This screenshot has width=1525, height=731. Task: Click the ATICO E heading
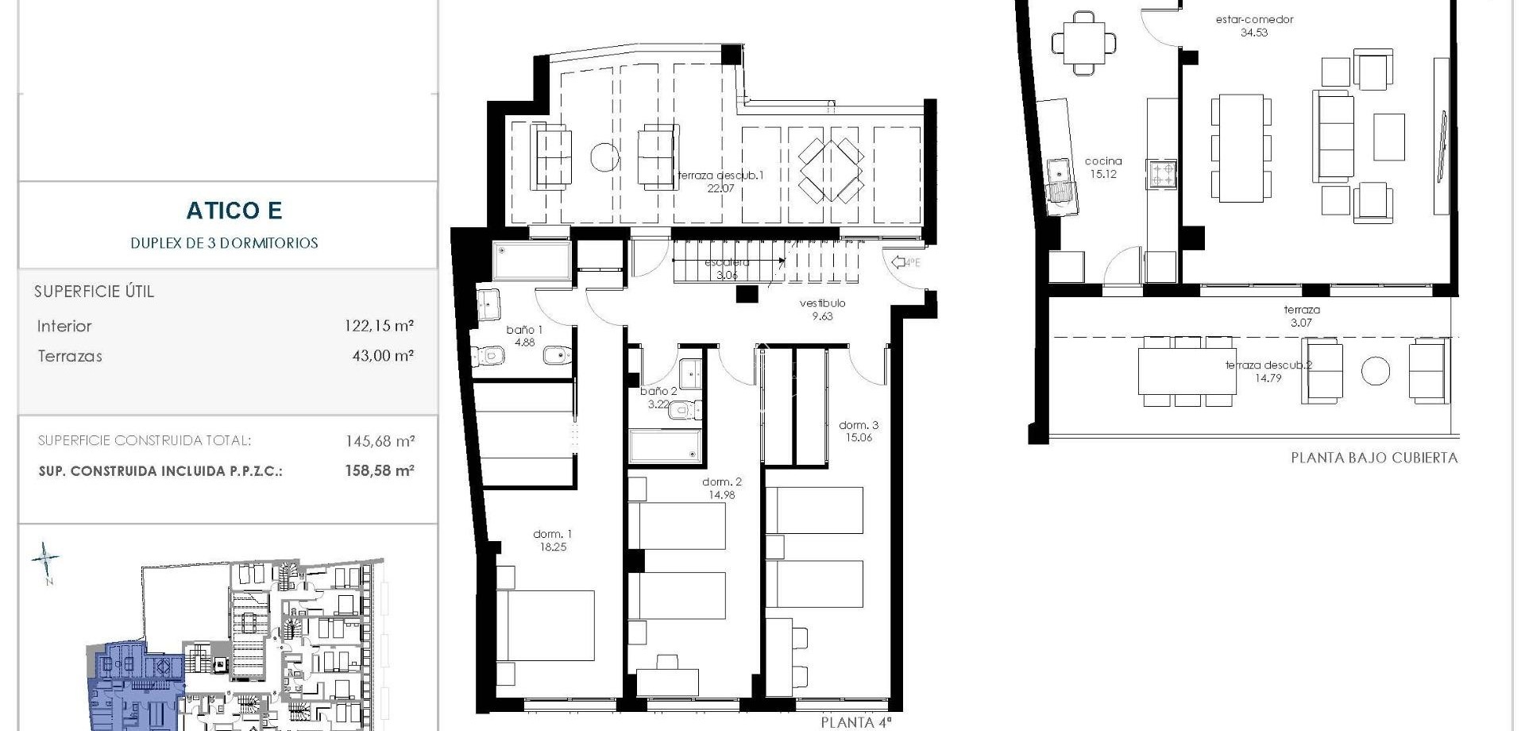pyautogui.click(x=234, y=211)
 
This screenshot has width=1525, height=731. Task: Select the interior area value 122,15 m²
pyautogui.click(x=379, y=326)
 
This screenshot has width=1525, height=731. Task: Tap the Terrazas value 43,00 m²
pyautogui.click(x=382, y=356)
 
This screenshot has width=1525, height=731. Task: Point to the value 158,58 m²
pyautogui.click(x=379, y=470)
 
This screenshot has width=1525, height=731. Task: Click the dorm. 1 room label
pyautogui.click(x=552, y=540)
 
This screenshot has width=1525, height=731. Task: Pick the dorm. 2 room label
pyautogui.click(x=721, y=488)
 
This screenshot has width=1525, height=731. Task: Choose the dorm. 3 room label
pyautogui.click(x=858, y=431)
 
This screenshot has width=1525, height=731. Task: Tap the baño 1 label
pyautogui.click(x=524, y=335)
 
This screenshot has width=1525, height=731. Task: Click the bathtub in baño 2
pyautogui.click(x=665, y=447)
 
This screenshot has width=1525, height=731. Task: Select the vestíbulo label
pyautogui.click(x=822, y=309)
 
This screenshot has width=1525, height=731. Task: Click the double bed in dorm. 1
pyautogui.click(x=550, y=625)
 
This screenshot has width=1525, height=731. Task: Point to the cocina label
pyautogui.click(x=1103, y=167)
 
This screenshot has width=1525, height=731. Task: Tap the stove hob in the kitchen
pyautogui.click(x=1161, y=174)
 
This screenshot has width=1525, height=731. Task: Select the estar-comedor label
pyautogui.click(x=1254, y=25)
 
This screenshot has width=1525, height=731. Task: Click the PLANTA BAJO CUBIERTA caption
pyautogui.click(x=1373, y=458)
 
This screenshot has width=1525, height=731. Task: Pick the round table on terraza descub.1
pyautogui.click(x=604, y=156)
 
